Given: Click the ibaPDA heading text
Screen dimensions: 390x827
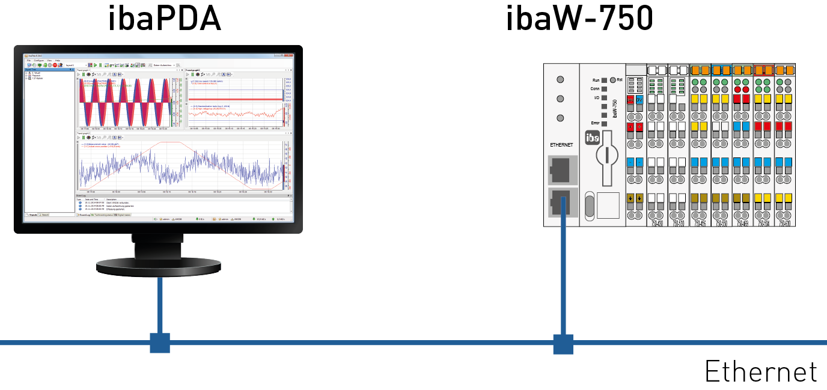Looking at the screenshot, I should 164,19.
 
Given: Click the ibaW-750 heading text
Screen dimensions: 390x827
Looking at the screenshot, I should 579,19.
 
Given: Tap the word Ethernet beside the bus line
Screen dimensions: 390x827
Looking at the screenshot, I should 761,371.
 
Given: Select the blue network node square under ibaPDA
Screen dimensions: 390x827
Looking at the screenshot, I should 160,343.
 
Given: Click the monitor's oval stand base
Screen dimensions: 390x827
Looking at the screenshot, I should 159,265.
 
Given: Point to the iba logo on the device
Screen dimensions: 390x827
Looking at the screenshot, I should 592,138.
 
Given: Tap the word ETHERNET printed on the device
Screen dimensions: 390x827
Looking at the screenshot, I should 561,145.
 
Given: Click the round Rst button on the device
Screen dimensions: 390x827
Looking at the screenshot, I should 613,79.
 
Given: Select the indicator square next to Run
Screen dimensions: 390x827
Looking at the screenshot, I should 604,80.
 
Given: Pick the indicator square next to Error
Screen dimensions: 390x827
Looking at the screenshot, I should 604,123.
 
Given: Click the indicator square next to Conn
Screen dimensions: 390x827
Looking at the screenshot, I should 604,88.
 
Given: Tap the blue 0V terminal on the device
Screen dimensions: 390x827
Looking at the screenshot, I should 639,100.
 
